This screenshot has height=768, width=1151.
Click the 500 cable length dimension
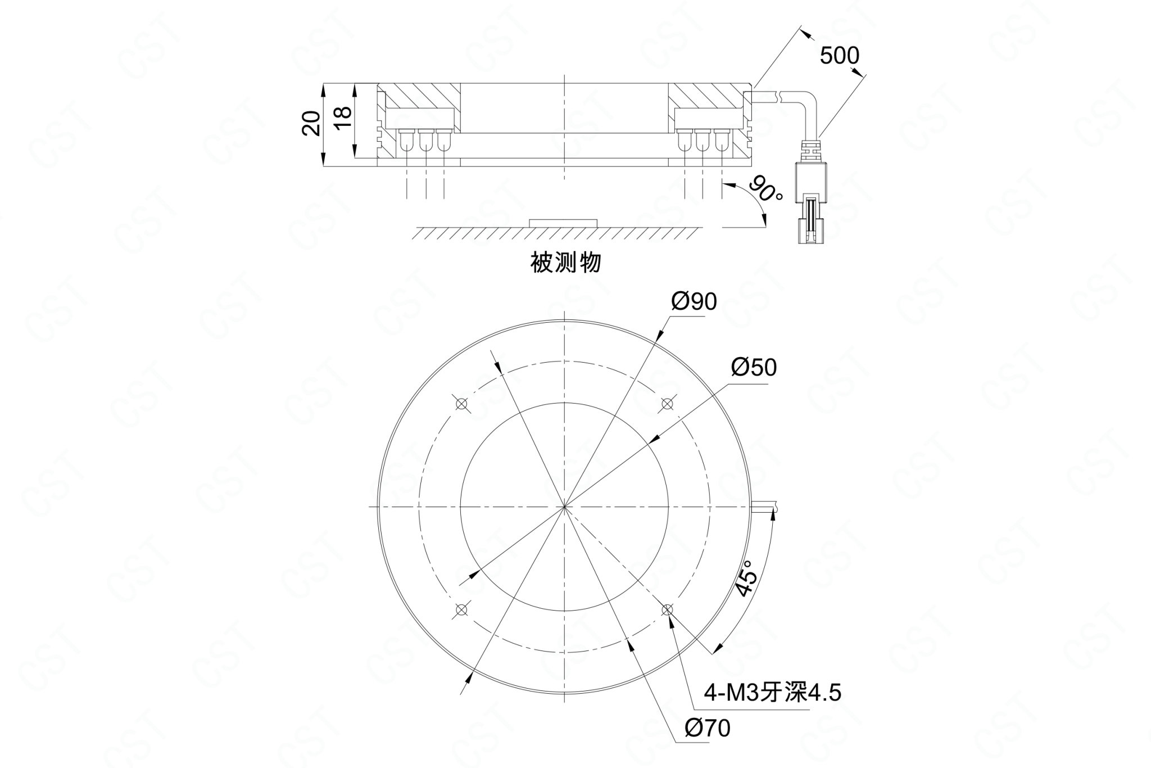point(840,56)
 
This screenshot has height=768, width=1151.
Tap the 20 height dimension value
point(311,123)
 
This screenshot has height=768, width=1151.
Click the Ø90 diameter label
point(695,302)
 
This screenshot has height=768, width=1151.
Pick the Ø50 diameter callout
point(754,367)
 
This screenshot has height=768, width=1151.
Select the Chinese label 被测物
point(566,263)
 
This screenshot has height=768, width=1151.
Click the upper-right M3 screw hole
point(667,404)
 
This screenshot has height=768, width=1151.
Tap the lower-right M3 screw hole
point(667,609)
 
